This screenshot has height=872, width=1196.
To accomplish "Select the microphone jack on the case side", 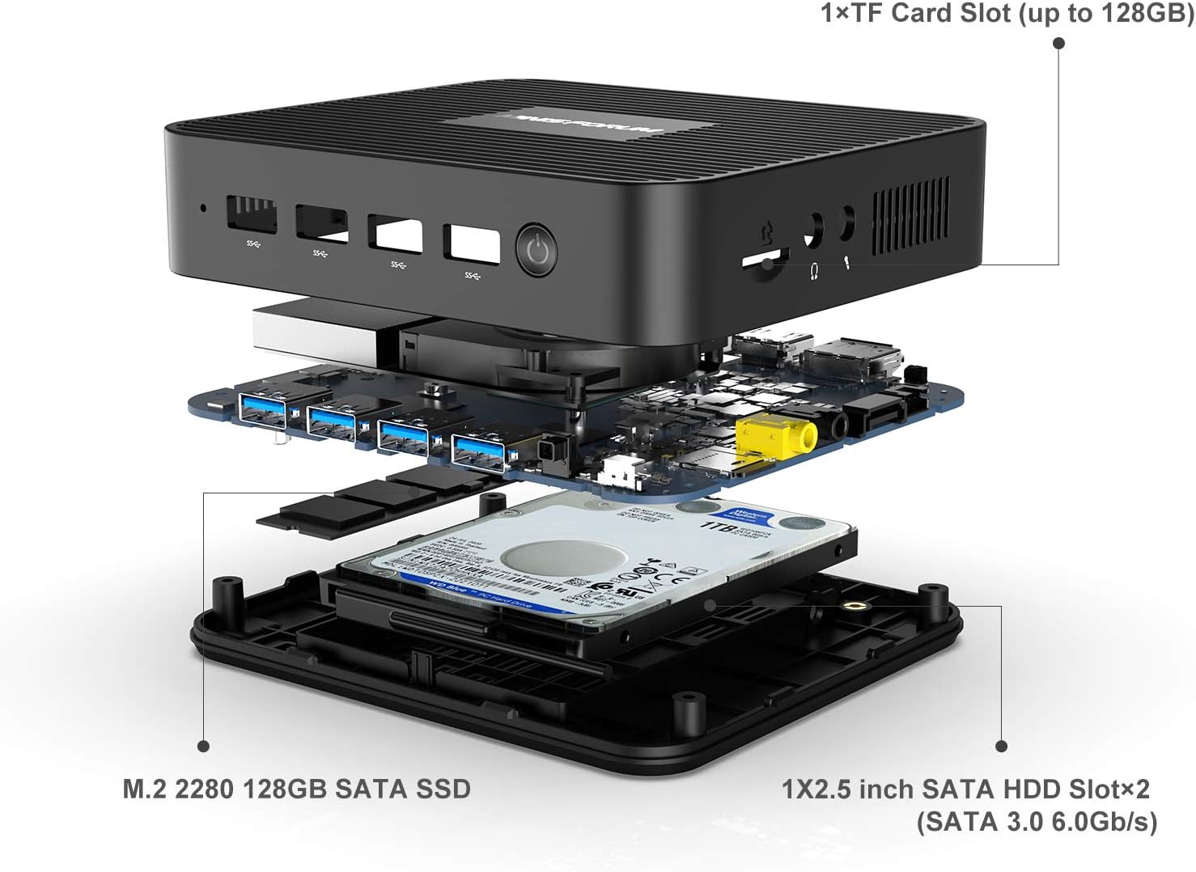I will [x=846, y=224].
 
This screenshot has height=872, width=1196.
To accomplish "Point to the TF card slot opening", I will [x=766, y=260].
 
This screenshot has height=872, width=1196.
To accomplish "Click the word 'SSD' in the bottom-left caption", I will [x=443, y=788].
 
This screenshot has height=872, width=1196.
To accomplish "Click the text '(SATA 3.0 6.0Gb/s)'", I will [x=1037, y=822].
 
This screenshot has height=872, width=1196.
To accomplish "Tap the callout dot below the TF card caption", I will [x=1058, y=42].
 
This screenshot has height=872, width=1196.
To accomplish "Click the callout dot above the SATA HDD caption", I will [x=1002, y=746].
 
